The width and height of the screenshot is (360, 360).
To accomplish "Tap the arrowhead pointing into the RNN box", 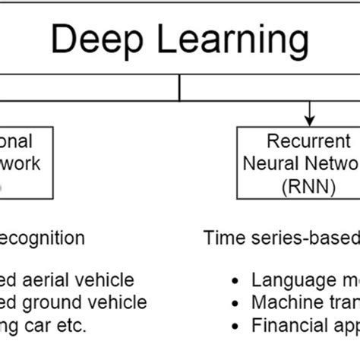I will (309, 119).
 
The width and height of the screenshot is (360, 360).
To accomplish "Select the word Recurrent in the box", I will (308, 143).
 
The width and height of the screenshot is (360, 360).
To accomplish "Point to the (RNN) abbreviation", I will (308, 185).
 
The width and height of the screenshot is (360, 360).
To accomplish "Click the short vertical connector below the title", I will (179, 88).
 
